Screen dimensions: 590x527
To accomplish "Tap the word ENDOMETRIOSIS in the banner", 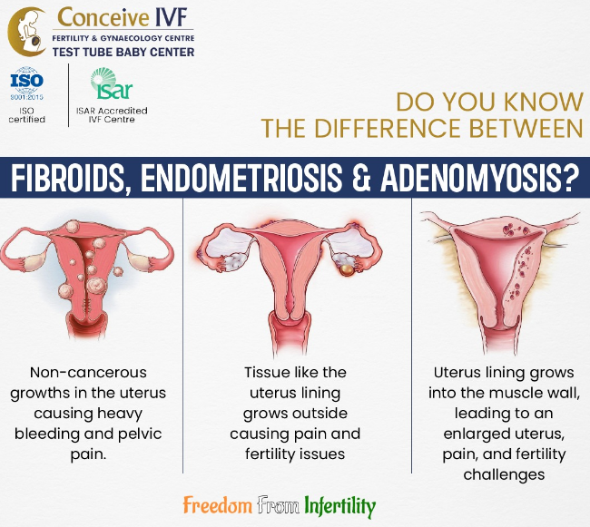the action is (x=241, y=177).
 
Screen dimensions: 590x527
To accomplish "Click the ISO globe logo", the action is (x=26, y=83).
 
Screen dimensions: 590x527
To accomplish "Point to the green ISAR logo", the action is (x=112, y=83).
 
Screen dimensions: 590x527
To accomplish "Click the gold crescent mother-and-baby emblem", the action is (x=25, y=32).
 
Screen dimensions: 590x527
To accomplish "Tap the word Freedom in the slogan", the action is (x=218, y=505).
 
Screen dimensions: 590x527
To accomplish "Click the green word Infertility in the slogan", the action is (x=340, y=506).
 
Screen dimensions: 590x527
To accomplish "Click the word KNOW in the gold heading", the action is (x=544, y=102).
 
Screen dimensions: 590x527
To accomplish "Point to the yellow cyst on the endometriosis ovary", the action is (x=347, y=270).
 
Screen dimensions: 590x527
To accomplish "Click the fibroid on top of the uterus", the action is (x=73, y=226).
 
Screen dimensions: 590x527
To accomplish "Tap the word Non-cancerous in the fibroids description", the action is (x=88, y=373).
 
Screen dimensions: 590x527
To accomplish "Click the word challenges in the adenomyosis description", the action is (x=504, y=474).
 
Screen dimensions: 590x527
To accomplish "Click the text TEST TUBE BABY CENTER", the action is (x=123, y=52).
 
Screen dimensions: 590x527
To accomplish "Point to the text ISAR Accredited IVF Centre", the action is (x=112, y=115).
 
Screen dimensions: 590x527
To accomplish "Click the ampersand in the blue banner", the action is (x=361, y=177).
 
